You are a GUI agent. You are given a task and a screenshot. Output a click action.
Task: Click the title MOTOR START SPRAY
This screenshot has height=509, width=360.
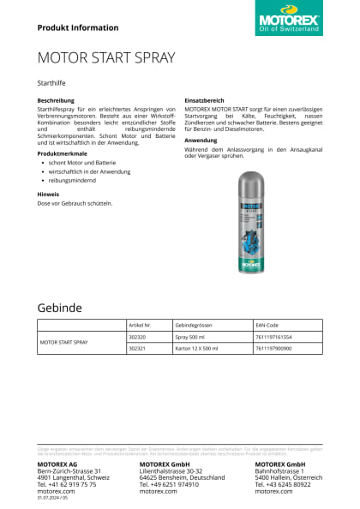pos(106,58)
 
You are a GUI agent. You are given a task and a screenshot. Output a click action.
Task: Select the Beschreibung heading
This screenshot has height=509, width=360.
pos(56,100)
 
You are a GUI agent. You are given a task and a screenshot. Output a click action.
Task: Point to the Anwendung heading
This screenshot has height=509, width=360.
pos(201,140)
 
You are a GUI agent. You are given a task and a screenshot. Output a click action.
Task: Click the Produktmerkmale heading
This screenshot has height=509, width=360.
pos(61,153)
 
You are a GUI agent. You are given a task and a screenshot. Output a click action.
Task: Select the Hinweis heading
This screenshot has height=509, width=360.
pos(48,195)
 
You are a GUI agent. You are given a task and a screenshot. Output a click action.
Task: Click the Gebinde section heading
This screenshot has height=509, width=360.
pos(59,307)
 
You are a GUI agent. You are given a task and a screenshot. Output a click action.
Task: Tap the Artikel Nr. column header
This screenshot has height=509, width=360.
pos(139,326)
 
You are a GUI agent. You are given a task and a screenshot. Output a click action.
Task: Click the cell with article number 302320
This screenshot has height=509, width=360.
pos(137,338)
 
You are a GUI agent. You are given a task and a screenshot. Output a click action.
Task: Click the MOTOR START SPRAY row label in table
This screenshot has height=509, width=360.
pos(64,343)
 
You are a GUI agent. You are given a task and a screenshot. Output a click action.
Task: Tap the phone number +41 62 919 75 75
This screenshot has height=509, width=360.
pos(67,484)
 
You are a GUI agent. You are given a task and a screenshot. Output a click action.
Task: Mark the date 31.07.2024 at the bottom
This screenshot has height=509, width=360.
pos(49,498)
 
